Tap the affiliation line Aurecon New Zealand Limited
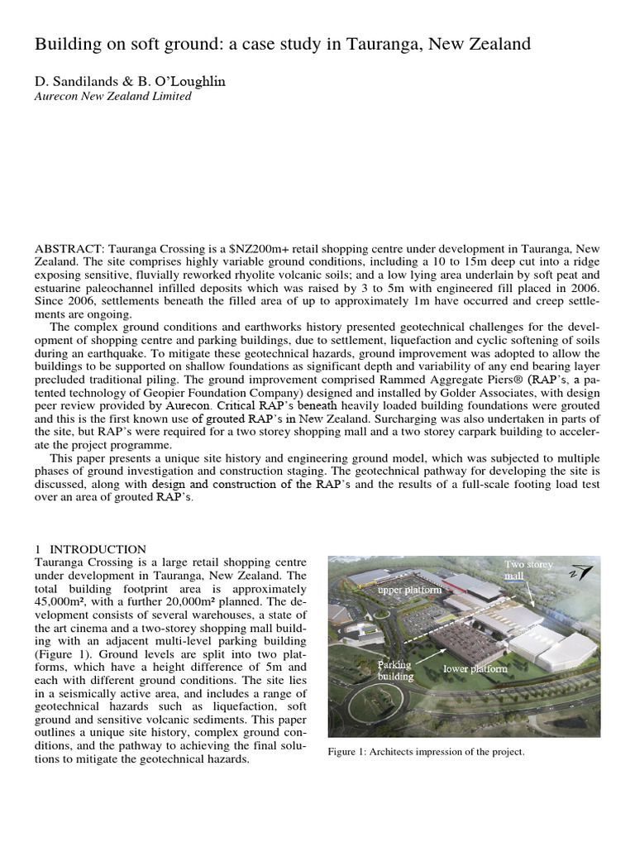click(x=112, y=97)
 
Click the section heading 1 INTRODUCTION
click(x=91, y=549)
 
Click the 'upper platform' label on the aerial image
click(x=410, y=591)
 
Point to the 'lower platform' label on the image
click(x=475, y=668)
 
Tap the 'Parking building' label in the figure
click(x=396, y=671)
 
